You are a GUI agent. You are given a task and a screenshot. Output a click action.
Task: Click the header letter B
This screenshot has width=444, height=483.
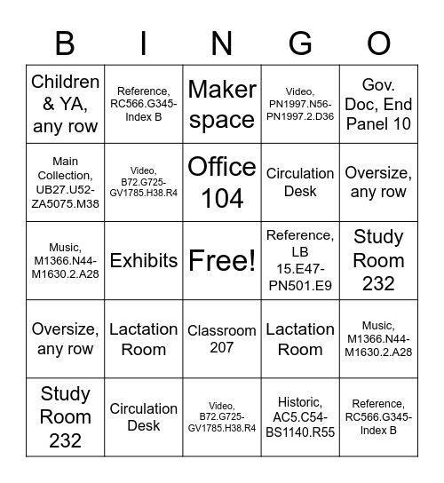coord(65,42)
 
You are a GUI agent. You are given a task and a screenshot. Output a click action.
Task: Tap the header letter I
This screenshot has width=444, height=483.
coord(143,42)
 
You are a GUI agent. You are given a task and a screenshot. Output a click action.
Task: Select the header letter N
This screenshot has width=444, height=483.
coord(222,42)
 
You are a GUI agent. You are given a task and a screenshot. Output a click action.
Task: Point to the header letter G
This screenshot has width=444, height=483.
coord(300,42)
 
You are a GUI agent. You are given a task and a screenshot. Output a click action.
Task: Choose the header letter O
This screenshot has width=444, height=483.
coord(378,42)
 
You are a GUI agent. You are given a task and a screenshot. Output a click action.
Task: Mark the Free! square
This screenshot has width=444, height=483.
coord(222,260)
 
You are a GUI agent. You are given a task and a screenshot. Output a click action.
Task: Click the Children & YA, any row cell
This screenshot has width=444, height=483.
coord(65,104)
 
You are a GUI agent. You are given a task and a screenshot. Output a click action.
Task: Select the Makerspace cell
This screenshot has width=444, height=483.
coord(222,104)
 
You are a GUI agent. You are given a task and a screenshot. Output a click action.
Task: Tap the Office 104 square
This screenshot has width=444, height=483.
coord(222,182)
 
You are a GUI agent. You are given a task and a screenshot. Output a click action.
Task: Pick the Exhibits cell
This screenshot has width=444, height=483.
coord(143,260)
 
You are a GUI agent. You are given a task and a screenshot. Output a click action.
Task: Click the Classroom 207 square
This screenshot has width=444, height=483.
coord(222,339)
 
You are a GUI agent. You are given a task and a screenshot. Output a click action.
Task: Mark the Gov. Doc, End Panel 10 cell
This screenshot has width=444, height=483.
coord(378,104)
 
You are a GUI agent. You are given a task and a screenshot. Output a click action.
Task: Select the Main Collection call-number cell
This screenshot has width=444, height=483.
coord(65,182)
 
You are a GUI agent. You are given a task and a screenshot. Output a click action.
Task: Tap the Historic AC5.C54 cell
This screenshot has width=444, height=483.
coord(300,417)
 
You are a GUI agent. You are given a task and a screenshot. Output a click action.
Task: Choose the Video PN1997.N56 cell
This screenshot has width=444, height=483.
coord(300,104)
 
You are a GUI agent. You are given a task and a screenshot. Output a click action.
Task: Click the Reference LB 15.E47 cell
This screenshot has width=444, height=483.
coord(300,260)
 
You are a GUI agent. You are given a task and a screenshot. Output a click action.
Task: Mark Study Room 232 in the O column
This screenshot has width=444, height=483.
coord(378,260)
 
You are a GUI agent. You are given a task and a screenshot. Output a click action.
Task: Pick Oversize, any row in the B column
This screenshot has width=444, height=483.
coord(65,339)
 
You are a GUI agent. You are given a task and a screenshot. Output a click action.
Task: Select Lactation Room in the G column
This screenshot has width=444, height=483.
coord(300,339)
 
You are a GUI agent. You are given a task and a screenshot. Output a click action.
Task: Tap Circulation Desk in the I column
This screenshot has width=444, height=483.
coord(143,417)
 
